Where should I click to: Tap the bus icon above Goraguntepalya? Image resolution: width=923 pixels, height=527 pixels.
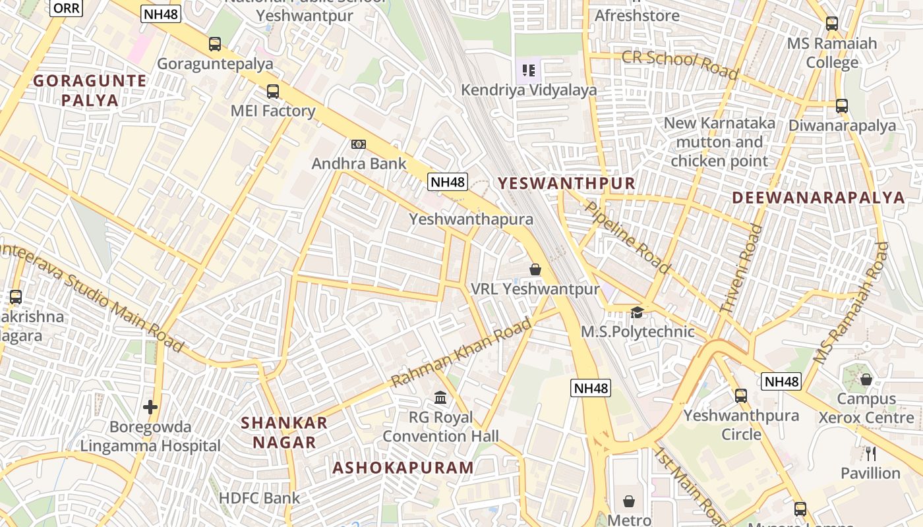pos(215,44)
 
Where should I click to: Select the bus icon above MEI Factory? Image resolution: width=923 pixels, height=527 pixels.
pos(273,92)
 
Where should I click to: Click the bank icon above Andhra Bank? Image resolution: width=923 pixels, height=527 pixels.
pos(359,144)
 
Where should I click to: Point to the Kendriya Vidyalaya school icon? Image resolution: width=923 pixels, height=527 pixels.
pos(528,69)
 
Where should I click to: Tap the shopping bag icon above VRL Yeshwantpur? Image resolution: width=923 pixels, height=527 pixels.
pos(535,269)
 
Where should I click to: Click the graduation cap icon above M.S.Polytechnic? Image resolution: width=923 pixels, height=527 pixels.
pos(637,312)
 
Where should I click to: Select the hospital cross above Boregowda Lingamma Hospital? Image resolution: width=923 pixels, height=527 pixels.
pos(150,407)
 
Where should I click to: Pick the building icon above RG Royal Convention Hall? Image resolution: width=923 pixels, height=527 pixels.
pos(440,397)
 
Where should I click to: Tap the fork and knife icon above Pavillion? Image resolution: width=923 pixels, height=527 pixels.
pos(870,453)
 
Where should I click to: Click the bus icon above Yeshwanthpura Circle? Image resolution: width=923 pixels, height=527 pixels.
pos(741,395)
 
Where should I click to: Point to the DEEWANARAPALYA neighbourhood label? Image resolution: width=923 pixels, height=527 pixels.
pos(818,198)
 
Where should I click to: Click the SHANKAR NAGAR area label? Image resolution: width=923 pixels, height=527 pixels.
pos(284,432)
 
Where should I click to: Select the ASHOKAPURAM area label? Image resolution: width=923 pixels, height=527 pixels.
pos(403,468)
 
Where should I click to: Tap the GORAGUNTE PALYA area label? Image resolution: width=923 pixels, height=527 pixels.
pos(90,91)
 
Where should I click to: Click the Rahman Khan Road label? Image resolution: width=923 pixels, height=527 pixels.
pos(461,353)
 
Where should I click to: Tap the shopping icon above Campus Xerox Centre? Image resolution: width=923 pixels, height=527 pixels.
pos(866,379)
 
